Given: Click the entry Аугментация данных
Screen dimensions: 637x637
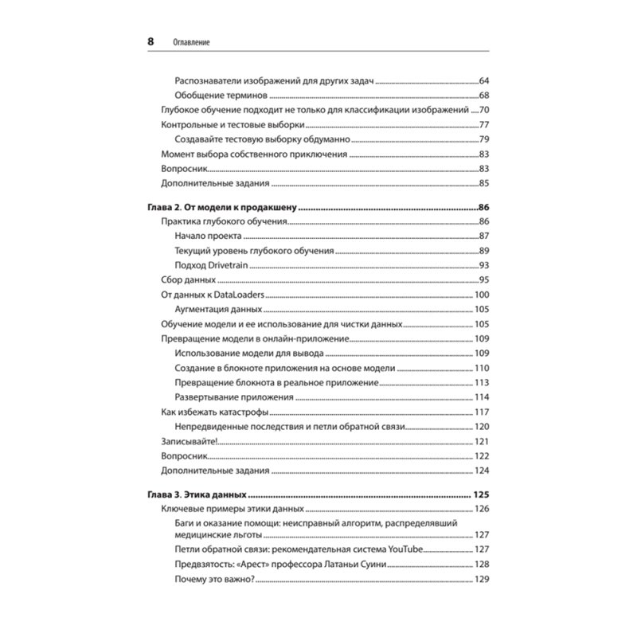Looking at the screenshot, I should click(x=219, y=309).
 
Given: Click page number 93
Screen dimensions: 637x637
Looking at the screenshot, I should click(x=483, y=265).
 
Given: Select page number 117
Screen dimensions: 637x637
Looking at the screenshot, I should click(x=480, y=412).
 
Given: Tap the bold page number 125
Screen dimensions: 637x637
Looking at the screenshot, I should click(x=479, y=494).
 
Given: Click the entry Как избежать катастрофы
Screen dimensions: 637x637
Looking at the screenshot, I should click(x=214, y=412).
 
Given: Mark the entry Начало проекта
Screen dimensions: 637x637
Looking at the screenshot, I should click(x=208, y=236).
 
